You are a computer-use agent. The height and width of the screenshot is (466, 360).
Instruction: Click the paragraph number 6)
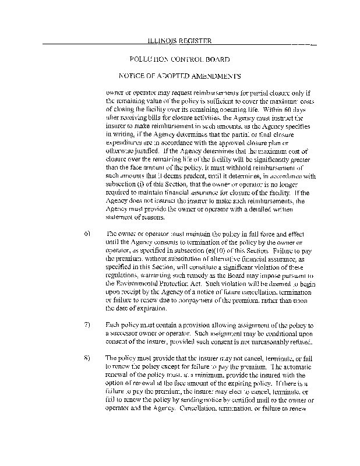(x=88, y=233)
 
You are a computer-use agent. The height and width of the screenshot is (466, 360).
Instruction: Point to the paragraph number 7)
(x=88, y=323)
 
